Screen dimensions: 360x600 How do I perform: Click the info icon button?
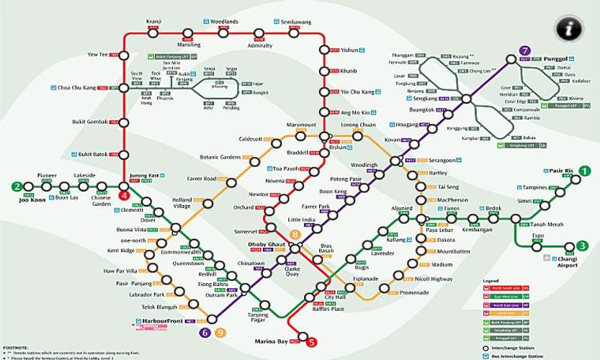(568, 29)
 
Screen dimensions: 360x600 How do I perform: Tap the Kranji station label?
(153, 22)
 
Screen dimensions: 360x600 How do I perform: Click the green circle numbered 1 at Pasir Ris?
(585, 171)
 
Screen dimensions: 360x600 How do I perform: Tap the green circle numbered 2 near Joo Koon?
(16, 186)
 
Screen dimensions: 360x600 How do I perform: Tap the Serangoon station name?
(442, 160)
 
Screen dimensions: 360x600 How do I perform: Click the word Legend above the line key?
(491, 280)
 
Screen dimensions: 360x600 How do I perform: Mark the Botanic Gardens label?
(219, 156)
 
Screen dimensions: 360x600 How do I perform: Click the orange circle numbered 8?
(294, 235)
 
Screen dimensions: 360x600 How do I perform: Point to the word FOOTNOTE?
(16, 348)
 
